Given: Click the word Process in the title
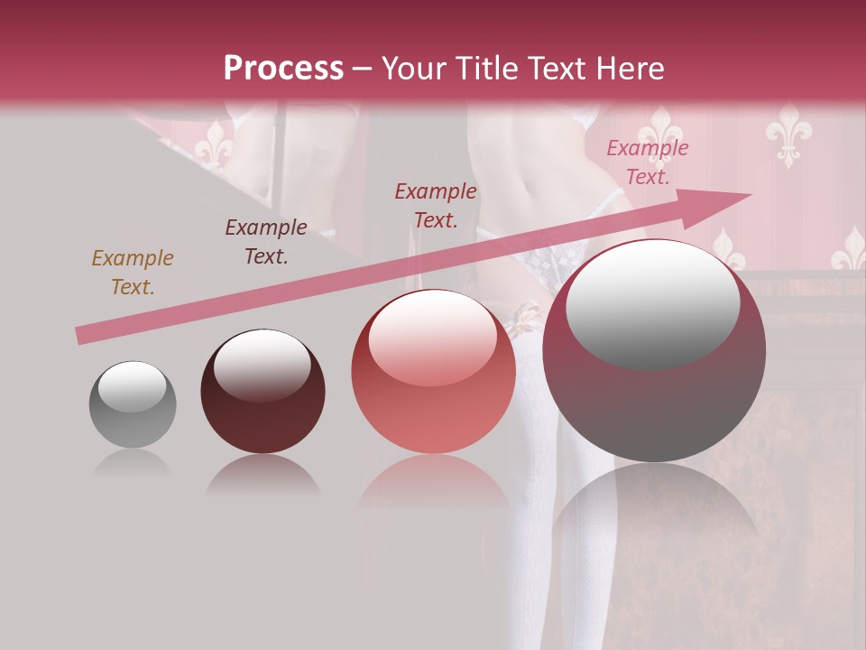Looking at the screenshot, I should click(x=283, y=69).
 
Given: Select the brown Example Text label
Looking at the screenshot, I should click(x=132, y=273).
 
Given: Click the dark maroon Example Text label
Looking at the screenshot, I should click(x=266, y=242).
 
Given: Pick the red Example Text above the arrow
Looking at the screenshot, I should click(x=436, y=206).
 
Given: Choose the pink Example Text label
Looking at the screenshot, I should click(x=647, y=162).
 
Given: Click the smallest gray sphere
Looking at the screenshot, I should click(x=133, y=405).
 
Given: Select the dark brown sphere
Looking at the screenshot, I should click(x=263, y=391).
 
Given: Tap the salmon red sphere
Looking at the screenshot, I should click(x=433, y=371).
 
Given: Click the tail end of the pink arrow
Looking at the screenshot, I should click(x=81, y=336).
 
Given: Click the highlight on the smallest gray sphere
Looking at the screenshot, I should click(x=133, y=385).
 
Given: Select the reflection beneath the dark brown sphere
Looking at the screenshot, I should click(x=263, y=475).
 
